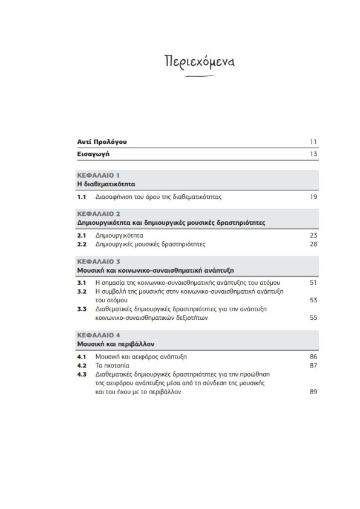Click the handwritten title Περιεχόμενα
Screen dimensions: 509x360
click(x=200, y=62)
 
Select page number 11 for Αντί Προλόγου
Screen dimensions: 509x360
click(x=313, y=142)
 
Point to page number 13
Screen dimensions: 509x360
click(x=313, y=154)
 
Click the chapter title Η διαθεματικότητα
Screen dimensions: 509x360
click(x=106, y=183)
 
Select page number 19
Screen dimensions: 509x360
click(x=313, y=196)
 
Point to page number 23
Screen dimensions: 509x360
click(x=313, y=235)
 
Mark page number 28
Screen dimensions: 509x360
click(x=313, y=244)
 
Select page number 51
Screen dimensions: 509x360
click(x=313, y=282)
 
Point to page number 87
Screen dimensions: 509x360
click(x=313, y=366)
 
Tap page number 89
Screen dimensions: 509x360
click(x=313, y=392)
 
